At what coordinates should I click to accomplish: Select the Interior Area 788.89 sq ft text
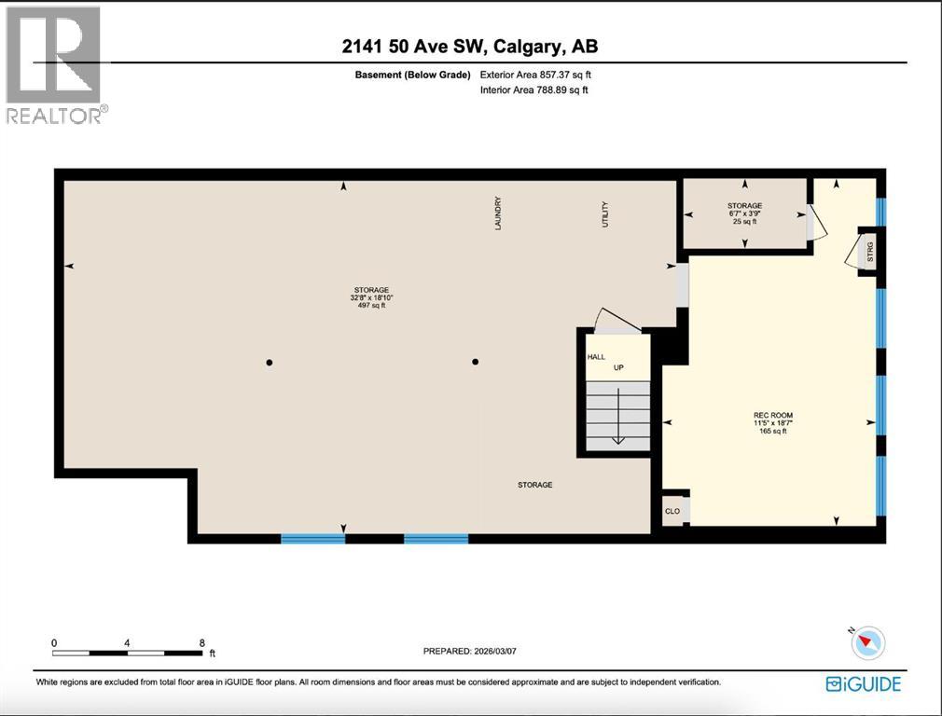533,90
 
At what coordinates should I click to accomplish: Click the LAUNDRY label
499,213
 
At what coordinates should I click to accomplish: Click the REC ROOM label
772,415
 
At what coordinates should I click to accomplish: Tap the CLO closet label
672,511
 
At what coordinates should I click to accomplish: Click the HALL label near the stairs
596,357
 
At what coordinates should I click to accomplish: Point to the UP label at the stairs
617,367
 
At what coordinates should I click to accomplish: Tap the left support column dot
269,362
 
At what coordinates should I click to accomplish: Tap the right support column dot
475,362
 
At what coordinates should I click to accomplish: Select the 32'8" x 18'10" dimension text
369,298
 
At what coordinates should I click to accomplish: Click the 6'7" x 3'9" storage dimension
744,213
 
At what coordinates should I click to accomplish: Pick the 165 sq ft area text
772,431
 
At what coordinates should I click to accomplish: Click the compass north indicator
868,642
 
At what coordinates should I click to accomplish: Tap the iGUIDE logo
864,684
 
